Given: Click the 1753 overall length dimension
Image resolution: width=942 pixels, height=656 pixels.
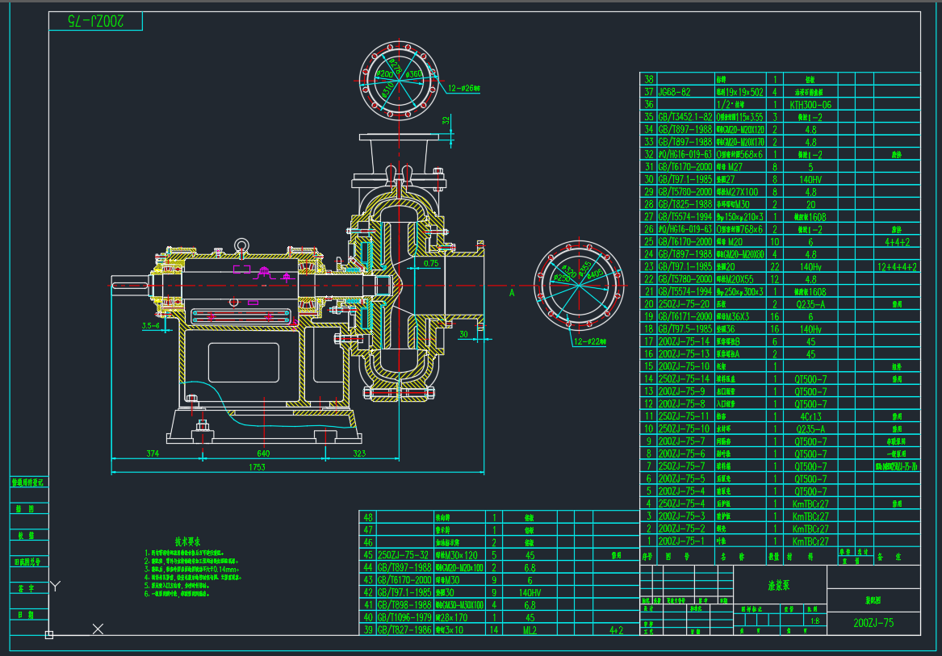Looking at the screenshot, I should pos(257,467).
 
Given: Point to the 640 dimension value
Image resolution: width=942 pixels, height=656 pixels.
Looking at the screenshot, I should pos(262,453).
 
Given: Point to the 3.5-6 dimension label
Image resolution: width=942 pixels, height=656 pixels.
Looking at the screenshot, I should pos(150,327).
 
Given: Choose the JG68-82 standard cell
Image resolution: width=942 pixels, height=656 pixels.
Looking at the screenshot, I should pos(675,92).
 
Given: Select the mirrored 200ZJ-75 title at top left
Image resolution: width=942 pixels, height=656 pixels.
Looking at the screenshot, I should pos(94,21).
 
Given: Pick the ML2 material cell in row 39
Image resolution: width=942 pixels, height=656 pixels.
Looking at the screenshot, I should pos(530,630).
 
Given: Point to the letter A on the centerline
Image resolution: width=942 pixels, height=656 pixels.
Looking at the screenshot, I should pos(512,293).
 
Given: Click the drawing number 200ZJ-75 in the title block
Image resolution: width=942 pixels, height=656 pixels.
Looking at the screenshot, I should pos(873,623).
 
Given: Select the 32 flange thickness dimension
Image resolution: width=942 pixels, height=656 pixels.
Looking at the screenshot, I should pos(446,120).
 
